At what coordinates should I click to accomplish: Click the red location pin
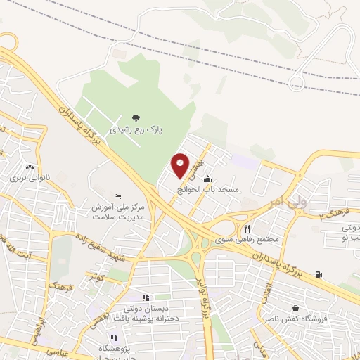click(x=181, y=165)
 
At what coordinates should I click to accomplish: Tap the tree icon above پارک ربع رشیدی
click(x=136, y=118)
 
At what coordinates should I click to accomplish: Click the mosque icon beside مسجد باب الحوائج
click(x=206, y=180)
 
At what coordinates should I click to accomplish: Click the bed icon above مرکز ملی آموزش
click(x=117, y=195)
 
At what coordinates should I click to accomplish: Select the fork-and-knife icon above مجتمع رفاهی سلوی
click(x=247, y=229)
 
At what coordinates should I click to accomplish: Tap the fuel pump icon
click(x=319, y=274)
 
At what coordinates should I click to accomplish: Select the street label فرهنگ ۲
click(x=333, y=212)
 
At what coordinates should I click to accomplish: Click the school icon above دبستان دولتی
click(x=146, y=297)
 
